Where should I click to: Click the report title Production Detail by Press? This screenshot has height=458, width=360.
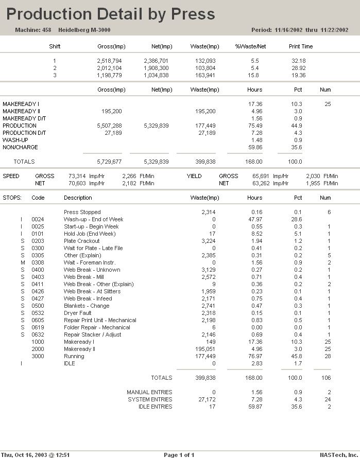[x=111, y=14]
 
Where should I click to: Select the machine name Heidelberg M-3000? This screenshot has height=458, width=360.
[x=84, y=30]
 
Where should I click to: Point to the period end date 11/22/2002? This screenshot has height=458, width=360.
[x=335, y=30]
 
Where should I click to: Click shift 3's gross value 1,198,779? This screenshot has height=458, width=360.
[x=109, y=75]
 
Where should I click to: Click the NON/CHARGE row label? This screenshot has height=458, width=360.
[x=20, y=147]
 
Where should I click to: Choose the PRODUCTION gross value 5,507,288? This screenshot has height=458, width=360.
[x=109, y=126]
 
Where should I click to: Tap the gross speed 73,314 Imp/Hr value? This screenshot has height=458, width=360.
[x=79, y=176]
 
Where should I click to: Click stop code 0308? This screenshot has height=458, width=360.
[x=38, y=262]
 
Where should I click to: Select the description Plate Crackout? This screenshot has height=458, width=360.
[x=81, y=241]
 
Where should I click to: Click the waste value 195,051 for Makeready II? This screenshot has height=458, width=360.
[x=205, y=349]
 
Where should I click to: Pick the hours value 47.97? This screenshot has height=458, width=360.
[x=254, y=219]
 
